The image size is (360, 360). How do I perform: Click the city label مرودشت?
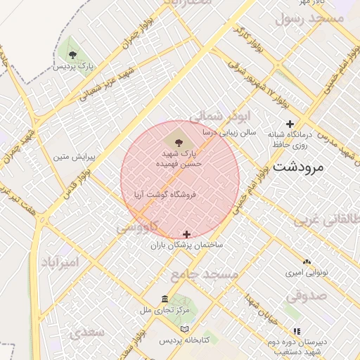297,167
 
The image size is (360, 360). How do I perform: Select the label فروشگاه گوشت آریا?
163,193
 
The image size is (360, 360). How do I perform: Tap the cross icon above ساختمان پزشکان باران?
186,234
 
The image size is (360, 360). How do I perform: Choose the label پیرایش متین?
75,155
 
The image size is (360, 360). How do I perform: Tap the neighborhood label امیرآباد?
68,262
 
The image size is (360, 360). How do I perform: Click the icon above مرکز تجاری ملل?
165,298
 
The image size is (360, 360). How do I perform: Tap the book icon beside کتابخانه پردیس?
185,329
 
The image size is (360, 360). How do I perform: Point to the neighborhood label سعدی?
87,331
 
